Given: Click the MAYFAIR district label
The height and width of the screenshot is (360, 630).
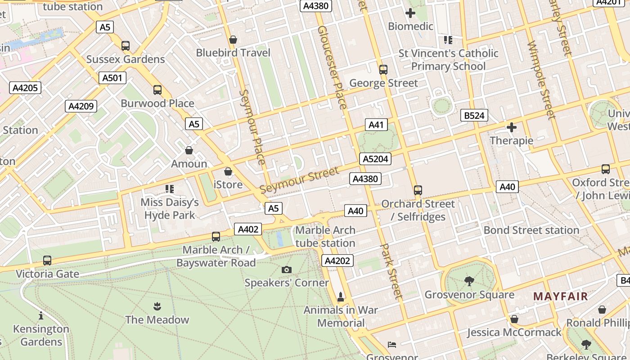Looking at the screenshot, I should pos(560,296).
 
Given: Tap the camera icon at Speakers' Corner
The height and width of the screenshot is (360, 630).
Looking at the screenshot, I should pos(286,270).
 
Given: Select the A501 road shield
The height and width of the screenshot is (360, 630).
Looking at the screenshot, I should pos(112,78).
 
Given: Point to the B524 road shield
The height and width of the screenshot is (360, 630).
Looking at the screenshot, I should pos(474,116).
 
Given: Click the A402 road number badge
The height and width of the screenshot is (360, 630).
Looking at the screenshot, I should pos(247,229).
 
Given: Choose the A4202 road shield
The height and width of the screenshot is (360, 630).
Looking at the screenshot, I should pos(337,261).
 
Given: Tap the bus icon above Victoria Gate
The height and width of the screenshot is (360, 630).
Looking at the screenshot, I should pos(47,261).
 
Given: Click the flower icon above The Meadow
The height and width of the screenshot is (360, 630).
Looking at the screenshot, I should pos(157,307).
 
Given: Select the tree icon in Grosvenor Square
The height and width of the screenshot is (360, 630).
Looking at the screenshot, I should pos(469,282).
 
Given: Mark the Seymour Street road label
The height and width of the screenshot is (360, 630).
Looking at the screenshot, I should pos(299,180).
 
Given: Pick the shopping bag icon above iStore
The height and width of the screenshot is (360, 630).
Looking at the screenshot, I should pos(228,171).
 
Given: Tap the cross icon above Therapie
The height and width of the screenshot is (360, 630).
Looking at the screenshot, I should pos(511,127).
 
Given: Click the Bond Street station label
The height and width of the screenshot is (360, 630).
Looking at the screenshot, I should pos(531,230).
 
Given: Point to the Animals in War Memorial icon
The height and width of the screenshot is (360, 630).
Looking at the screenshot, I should pos(341,297).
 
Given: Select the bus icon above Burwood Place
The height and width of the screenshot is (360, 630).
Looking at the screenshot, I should pos(157,90).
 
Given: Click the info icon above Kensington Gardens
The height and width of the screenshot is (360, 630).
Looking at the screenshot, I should pos(41,315).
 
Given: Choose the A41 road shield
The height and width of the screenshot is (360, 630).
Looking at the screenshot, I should pos(376,125).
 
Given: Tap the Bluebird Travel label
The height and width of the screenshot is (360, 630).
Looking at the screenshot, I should pos(233,53).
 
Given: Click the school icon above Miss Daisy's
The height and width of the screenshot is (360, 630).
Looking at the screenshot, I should pos(169,189).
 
